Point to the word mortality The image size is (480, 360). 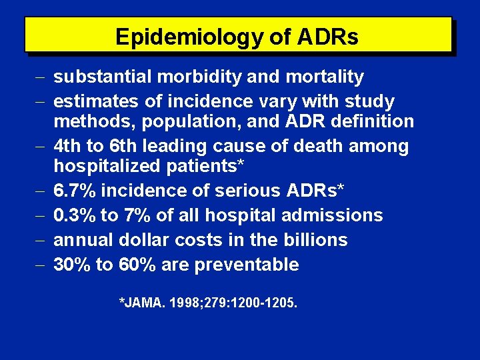tap(325, 77)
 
